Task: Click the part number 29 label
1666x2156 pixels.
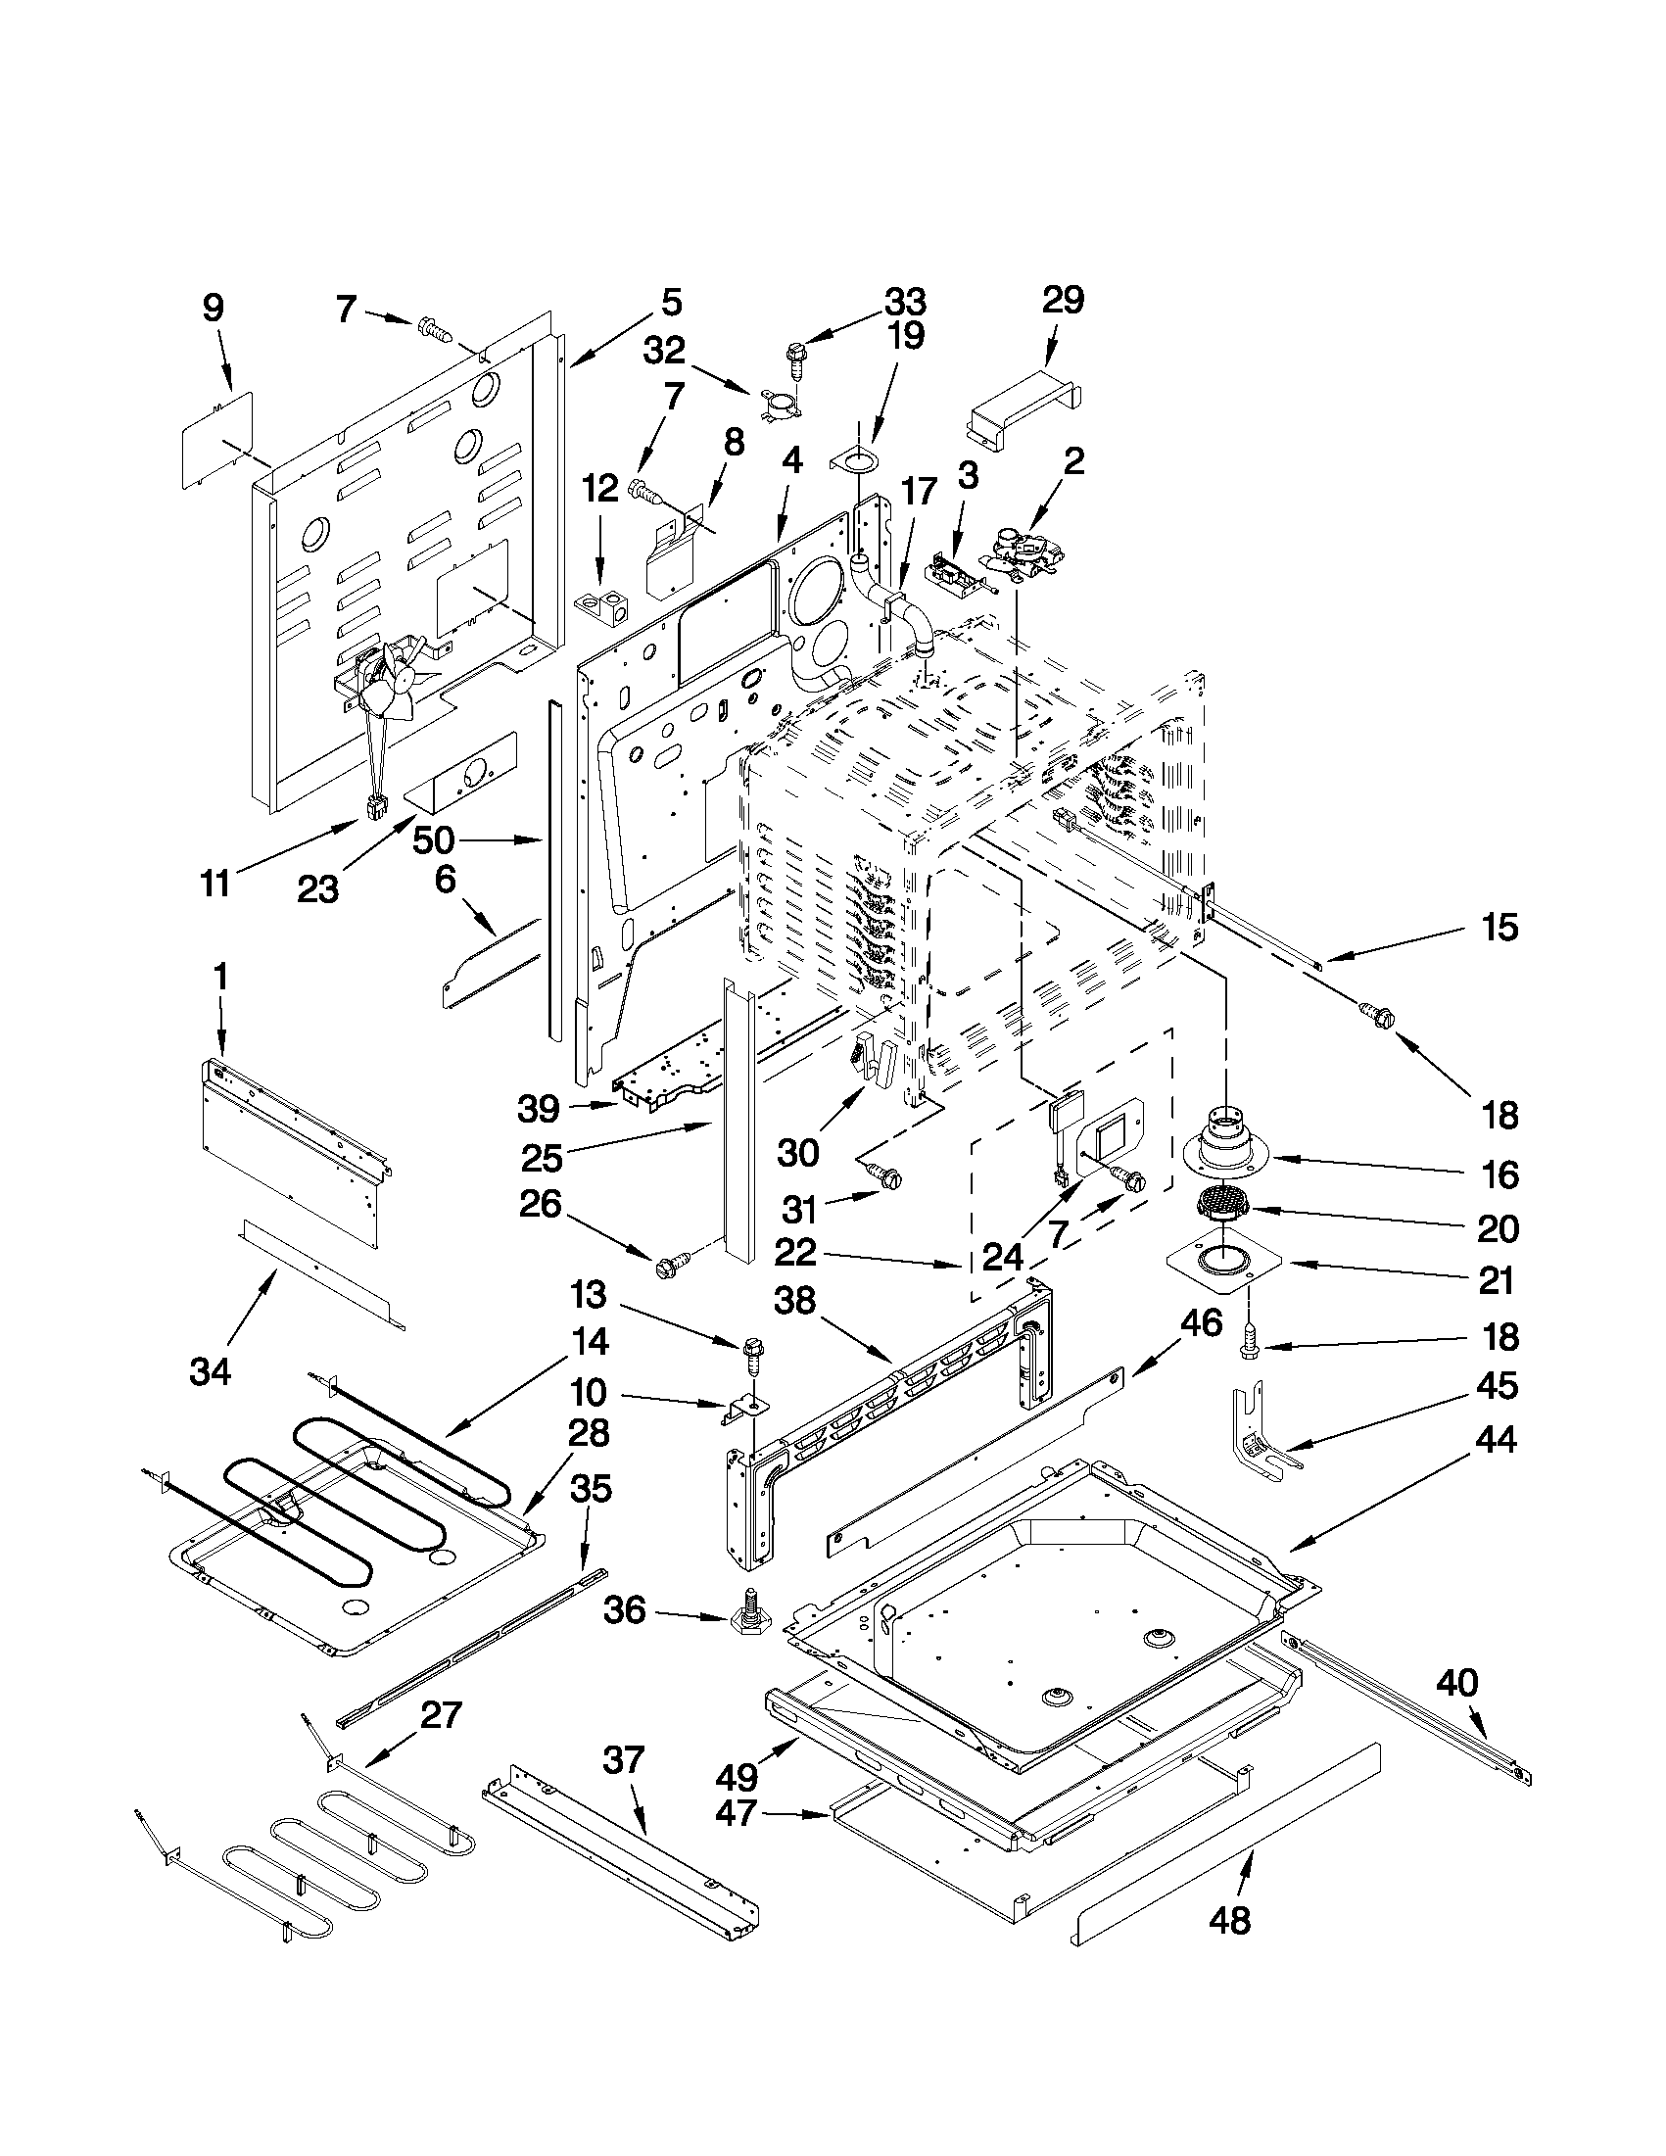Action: pos(1062,299)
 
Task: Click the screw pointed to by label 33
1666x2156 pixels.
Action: pos(795,360)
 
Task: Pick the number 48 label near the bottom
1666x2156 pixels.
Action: pos(1229,1947)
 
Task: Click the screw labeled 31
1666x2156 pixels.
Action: pos(883,1174)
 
